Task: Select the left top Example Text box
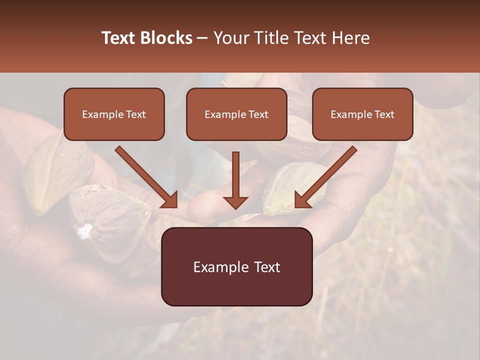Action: (114, 114)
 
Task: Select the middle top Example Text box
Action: (236, 114)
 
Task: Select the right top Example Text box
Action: (362, 114)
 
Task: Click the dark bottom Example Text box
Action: (236, 267)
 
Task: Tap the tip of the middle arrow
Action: (235, 206)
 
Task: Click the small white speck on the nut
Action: (85, 230)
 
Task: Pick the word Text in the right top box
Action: (384, 114)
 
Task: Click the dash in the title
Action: (202, 38)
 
